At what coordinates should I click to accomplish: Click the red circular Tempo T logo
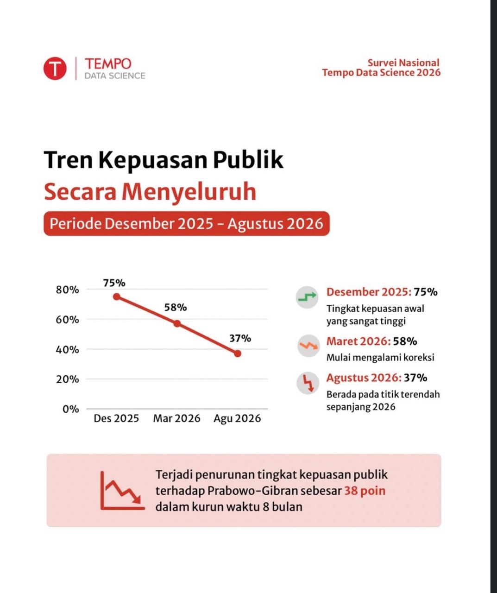click(x=55, y=69)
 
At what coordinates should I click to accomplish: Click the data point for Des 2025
click(x=116, y=297)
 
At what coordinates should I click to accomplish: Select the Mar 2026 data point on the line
click(x=177, y=323)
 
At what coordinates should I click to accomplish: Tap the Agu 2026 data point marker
click(x=238, y=353)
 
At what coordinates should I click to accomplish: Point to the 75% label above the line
click(x=114, y=283)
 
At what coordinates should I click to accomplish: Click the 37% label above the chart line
click(x=240, y=339)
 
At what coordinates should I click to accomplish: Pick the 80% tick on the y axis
click(x=67, y=290)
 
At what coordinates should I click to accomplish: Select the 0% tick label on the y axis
click(x=71, y=409)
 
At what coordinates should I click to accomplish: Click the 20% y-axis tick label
click(x=67, y=379)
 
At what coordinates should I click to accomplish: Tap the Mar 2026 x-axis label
click(x=176, y=418)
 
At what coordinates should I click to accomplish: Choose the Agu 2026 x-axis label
click(x=237, y=419)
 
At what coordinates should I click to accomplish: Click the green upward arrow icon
click(x=307, y=297)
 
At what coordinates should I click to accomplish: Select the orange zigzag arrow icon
click(x=308, y=346)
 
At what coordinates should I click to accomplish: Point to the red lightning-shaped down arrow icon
click(x=308, y=383)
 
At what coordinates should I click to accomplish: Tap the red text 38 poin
click(x=365, y=491)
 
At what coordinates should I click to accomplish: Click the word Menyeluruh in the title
click(x=189, y=192)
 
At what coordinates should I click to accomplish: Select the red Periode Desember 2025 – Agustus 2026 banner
click(x=187, y=223)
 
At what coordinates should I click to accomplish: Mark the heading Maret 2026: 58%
click(x=372, y=341)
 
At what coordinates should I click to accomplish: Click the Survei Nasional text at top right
click(x=403, y=63)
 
